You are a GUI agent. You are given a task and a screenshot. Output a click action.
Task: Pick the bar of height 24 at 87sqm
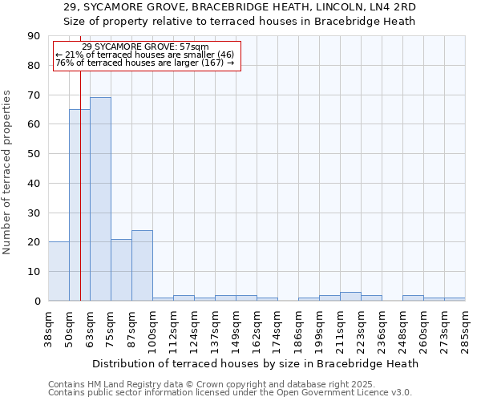[142, 265]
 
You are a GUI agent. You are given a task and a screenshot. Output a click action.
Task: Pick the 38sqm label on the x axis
[48, 328]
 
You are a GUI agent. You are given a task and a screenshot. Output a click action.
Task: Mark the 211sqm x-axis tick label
[340, 328]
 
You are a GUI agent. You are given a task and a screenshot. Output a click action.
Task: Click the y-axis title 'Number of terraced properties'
[7, 172]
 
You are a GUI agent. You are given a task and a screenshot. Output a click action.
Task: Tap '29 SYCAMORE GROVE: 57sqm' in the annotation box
[145, 47]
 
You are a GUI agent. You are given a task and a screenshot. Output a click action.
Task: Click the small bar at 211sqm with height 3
[350, 296]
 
